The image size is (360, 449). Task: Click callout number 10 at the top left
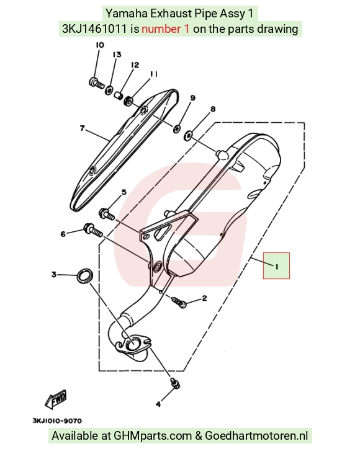click(x=100, y=45)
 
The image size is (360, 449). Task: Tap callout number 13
click(x=117, y=55)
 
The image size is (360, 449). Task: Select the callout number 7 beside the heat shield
click(x=83, y=128)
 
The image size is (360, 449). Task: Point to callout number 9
click(x=192, y=98)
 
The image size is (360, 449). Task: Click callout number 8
click(x=213, y=109)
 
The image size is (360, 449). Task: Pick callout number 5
click(x=124, y=192)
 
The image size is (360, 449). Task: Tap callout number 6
click(x=63, y=234)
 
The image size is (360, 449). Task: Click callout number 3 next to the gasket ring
click(x=54, y=274)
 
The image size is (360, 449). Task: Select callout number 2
click(x=204, y=298)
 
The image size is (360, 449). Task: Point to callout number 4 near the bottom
click(x=158, y=404)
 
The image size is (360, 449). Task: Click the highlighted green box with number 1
click(x=277, y=265)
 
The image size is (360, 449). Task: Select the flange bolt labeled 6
click(x=93, y=230)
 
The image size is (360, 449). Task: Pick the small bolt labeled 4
click(x=175, y=383)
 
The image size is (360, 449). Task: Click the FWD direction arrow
click(x=56, y=399)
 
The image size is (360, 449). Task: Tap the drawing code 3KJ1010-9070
click(x=57, y=420)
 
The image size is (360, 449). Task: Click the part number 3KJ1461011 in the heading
click(x=94, y=29)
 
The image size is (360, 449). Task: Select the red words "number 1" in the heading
click(x=166, y=29)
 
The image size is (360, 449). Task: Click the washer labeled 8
click(x=188, y=135)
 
